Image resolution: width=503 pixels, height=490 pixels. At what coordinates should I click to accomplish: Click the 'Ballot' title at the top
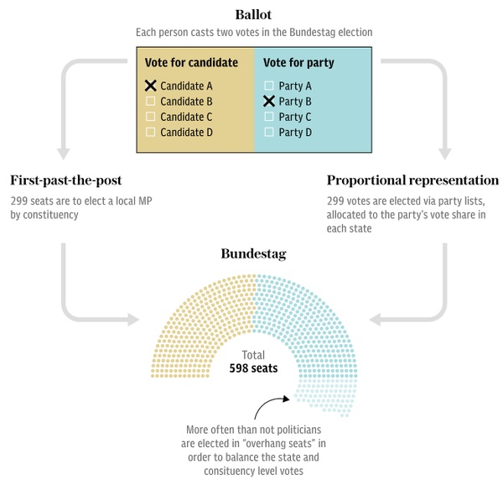click(251, 14)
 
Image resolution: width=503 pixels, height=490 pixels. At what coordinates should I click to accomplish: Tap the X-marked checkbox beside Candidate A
click(151, 86)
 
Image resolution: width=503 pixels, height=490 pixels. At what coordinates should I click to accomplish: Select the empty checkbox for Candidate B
click(151, 101)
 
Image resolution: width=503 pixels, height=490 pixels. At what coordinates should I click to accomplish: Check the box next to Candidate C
click(151, 117)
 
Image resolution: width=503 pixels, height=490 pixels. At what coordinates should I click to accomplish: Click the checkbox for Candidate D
click(151, 132)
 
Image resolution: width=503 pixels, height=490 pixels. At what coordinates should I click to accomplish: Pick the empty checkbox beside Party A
click(268, 86)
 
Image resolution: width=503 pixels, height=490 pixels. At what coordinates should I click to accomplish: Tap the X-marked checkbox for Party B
click(268, 101)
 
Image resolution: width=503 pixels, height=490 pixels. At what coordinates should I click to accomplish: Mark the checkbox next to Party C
click(268, 117)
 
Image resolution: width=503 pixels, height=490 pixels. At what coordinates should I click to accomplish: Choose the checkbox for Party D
click(268, 132)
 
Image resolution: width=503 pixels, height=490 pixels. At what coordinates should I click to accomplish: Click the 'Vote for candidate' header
click(191, 63)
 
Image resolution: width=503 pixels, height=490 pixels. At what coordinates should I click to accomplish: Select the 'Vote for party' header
click(297, 63)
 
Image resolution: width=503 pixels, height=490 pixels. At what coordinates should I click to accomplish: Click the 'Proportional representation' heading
click(412, 181)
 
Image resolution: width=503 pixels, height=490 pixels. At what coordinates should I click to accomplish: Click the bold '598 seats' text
click(254, 368)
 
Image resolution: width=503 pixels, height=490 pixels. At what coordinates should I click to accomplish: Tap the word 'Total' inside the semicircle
click(254, 355)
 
